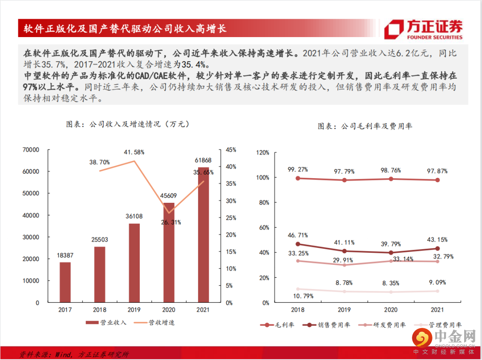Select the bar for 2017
(65, 282)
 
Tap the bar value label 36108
(134, 216)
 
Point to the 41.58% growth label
(134, 152)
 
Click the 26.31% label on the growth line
(169, 222)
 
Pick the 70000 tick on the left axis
(31, 150)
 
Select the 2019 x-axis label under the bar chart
(134, 310)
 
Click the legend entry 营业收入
(107, 322)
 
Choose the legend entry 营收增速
(156, 322)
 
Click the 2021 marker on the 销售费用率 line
(437, 248)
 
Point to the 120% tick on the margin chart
(262, 153)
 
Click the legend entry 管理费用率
(439, 325)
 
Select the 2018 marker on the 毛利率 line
(298, 178)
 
